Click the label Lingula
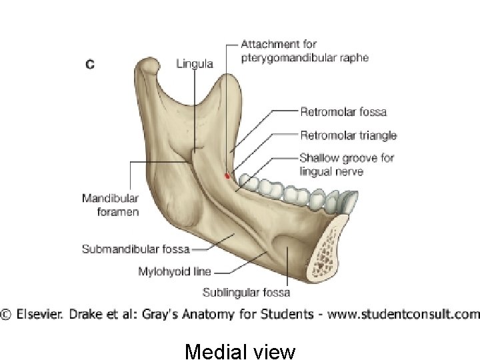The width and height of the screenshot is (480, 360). click(195, 64)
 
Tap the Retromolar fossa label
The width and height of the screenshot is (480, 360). click(343, 112)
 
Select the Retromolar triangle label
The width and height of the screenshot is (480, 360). click(348, 136)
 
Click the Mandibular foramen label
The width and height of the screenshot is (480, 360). click(111, 205)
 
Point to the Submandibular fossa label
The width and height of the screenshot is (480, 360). click(135, 249)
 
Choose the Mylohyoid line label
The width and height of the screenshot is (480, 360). click(175, 271)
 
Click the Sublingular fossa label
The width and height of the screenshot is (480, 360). click(247, 292)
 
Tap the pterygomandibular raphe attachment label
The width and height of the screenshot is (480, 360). click(304, 51)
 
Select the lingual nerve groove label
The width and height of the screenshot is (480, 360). click(346, 165)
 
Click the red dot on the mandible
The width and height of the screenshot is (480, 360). click(227, 176)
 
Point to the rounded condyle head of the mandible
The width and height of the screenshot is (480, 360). click(148, 67)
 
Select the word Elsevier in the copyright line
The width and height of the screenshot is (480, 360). click(39, 313)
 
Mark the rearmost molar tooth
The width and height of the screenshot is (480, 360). click(249, 181)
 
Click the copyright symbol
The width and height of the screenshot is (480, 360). click(6, 313)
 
